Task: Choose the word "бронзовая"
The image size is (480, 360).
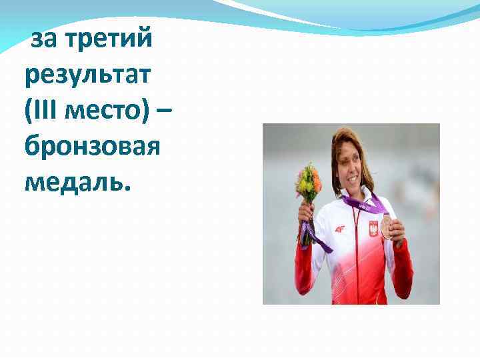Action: click(x=91, y=145)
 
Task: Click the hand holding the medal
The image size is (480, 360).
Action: click(x=396, y=230)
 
